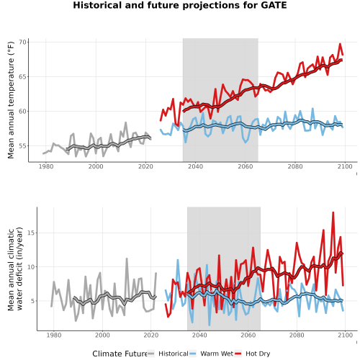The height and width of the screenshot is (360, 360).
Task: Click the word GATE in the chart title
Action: [x=274, y=5]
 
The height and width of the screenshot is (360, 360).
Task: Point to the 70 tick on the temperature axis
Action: [x=22, y=42]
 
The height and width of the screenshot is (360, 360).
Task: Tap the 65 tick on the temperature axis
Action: [x=22, y=77]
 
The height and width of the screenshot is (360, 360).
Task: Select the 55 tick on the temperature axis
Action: [x=22, y=146]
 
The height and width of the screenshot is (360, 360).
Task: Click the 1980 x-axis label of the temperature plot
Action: [x=46, y=166]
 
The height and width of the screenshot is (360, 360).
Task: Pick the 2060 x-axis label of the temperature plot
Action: [x=246, y=166]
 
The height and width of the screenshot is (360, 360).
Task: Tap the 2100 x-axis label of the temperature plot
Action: [x=345, y=166]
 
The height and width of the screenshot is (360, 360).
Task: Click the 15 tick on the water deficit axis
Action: [x=31, y=233]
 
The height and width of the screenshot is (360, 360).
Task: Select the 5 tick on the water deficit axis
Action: [x=33, y=301]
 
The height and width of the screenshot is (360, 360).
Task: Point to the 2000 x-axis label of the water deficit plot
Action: [x=102, y=335]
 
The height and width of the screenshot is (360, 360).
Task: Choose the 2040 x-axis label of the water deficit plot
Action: [x=199, y=335]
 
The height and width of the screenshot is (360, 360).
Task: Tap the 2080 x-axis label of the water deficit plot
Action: [x=297, y=335]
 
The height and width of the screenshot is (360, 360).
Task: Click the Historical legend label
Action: [x=174, y=354]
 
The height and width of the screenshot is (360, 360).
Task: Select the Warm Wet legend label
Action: [x=217, y=354]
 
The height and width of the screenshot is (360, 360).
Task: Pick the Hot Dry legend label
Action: [x=258, y=354]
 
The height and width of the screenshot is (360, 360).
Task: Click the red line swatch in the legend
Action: [x=238, y=354]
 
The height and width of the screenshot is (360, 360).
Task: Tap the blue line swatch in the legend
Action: [x=193, y=354]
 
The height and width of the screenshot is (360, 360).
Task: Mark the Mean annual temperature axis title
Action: [x=11, y=100]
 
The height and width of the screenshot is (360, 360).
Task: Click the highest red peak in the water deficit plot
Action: [x=333, y=212]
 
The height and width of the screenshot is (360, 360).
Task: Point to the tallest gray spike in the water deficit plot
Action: [x=127, y=258]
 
